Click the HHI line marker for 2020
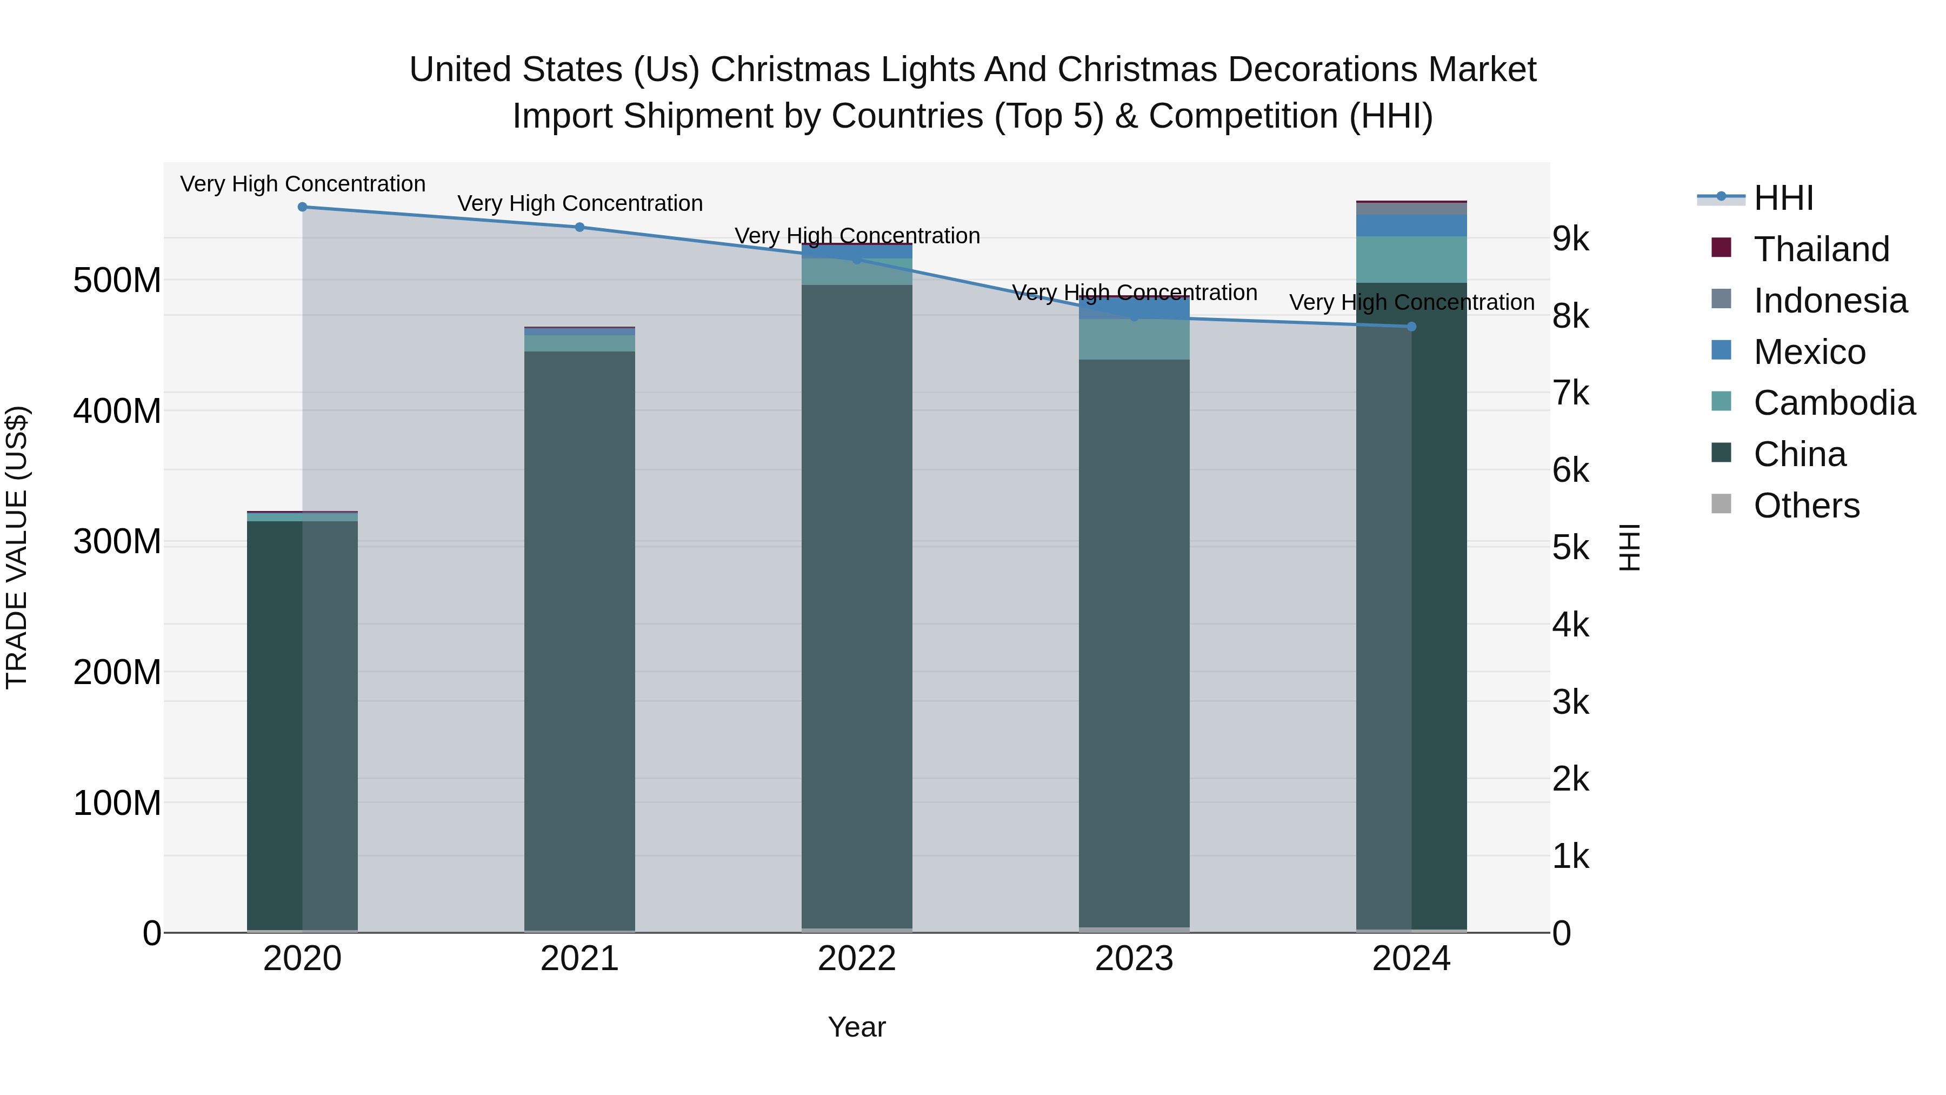coord(302,207)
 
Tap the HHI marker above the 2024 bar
coord(1411,327)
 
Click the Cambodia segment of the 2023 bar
coord(1134,339)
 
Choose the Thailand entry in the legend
coord(1821,249)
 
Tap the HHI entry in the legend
coord(1783,198)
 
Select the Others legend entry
coord(1805,506)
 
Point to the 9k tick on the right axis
coord(1570,240)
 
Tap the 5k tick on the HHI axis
coord(1570,548)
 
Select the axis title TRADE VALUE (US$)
coord(17,547)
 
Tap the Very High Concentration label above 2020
coord(302,184)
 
